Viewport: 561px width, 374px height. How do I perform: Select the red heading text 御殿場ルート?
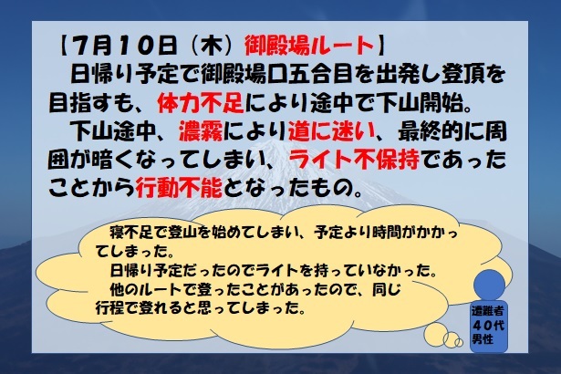[309, 46]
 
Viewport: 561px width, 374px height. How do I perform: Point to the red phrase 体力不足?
[201, 103]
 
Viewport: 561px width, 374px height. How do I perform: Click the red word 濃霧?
[201, 131]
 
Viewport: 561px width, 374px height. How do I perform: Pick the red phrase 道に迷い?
[331, 131]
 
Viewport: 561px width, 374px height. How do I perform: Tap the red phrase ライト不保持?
[354, 160]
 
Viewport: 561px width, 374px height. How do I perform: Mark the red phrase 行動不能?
[179, 187]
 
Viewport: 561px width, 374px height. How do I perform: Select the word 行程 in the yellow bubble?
[109, 307]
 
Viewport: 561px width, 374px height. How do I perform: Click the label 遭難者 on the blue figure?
[488, 311]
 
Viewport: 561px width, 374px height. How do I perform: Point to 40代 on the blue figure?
[488, 325]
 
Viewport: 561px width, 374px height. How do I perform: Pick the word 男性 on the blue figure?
[483, 338]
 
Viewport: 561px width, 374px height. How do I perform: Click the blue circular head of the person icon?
[489, 286]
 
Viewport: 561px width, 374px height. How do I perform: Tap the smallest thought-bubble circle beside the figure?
[459, 342]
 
